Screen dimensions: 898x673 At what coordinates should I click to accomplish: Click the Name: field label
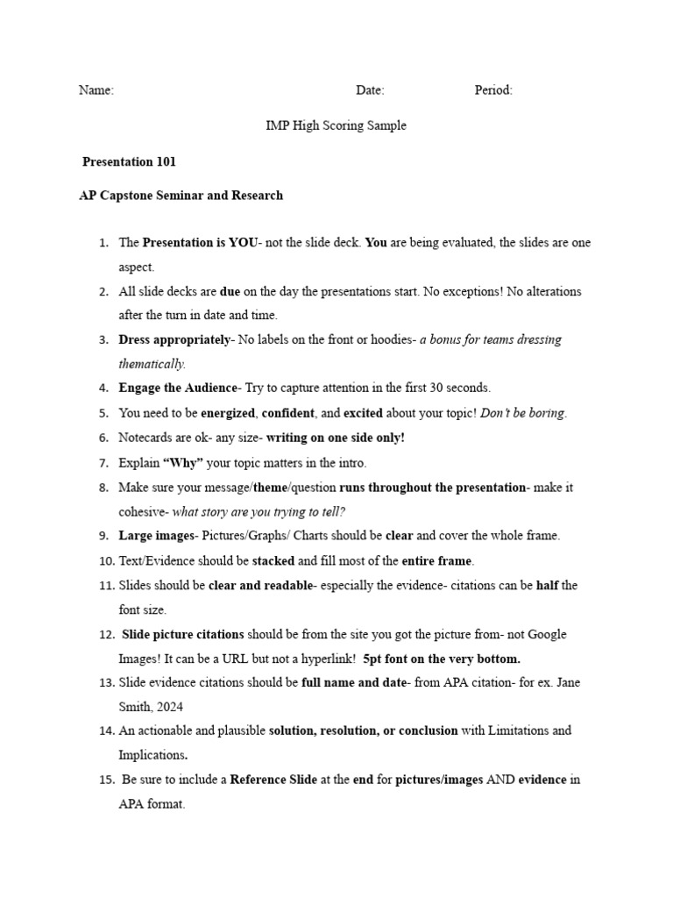point(96,90)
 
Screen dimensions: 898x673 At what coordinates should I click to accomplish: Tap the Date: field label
point(370,90)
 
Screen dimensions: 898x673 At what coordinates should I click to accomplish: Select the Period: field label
point(493,90)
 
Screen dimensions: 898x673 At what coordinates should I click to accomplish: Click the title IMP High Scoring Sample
point(336,125)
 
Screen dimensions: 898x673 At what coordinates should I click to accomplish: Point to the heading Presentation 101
point(129,161)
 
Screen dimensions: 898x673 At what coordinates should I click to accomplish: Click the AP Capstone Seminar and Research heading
point(181,196)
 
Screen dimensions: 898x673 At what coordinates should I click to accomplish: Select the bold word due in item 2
point(230,291)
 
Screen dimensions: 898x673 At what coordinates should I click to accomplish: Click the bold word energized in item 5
point(228,413)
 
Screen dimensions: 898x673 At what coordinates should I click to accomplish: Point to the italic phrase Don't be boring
point(523,413)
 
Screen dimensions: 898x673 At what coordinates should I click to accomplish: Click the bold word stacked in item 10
point(273,560)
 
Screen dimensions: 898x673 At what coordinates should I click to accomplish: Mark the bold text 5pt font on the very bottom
point(441,659)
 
